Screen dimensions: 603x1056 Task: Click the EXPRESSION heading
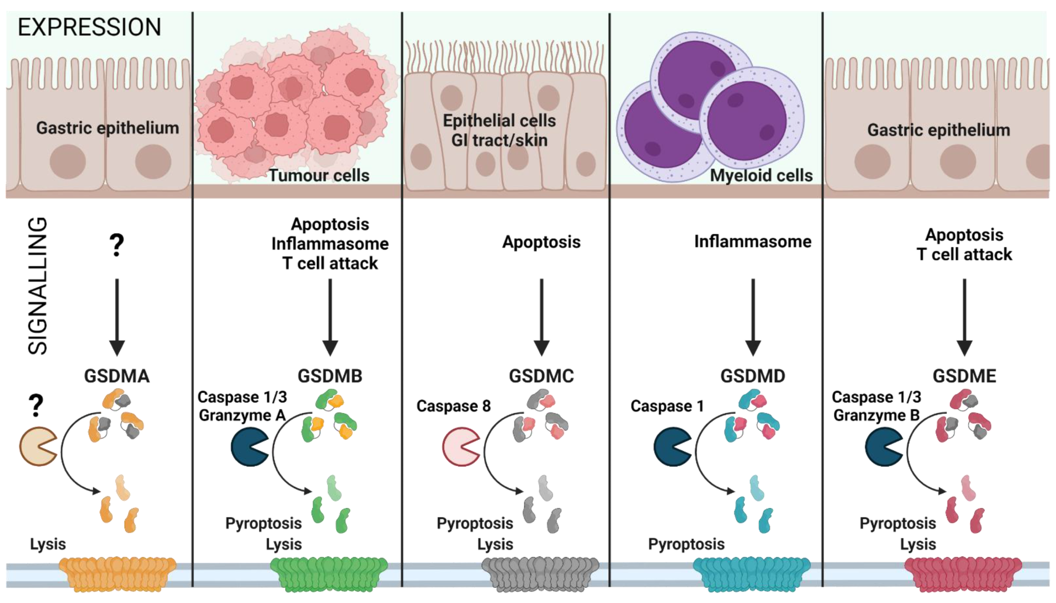[89, 27]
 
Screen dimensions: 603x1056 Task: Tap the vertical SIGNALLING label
[38, 285]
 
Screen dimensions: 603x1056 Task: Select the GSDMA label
[117, 376]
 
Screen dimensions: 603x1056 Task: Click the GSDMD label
[752, 376]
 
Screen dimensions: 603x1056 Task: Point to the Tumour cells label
[319, 175]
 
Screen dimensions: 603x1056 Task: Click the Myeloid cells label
[761, 175]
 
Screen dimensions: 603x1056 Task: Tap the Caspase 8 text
[453, 406]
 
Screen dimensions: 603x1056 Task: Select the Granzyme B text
[876, 415]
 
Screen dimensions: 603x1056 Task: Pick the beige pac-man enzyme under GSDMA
[37, 447]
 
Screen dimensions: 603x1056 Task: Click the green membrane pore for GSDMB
[329, 573]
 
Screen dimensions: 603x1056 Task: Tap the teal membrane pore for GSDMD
[751, 573]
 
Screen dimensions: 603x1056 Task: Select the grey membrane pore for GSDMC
[540, 573]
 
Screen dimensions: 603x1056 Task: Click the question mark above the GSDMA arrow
[117, 245]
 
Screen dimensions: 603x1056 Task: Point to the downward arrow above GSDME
[964, 317]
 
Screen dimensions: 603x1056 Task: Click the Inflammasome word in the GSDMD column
[752, 242]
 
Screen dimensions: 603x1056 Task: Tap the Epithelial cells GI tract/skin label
[499, 130]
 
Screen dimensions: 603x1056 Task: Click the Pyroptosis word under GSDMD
[686, 544]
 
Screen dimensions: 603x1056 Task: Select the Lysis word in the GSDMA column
[48, 544]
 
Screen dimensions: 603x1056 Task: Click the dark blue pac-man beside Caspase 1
[672, 447]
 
